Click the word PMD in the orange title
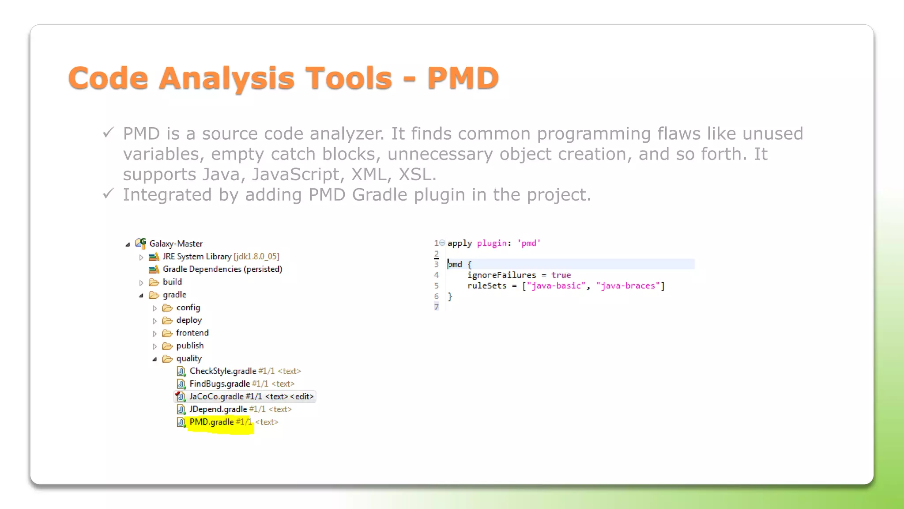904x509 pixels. pos(463,78)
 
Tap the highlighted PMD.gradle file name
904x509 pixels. pos(211,422)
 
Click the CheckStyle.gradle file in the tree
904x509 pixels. pos(223,371)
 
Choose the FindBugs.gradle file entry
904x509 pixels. pos(219,384)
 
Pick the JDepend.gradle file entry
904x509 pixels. pos(218,409)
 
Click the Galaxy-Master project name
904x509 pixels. pos(176,243)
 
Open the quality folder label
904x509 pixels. pos(189,358)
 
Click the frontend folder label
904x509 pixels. pos(192,333)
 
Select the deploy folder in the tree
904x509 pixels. pos(189,320)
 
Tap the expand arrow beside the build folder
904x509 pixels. pos(141,282)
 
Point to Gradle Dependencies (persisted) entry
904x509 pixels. pos(222,269)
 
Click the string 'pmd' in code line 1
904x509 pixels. pos(529,243)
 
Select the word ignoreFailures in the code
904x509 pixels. pos(501,275)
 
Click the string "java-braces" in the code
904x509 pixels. pos(628,285)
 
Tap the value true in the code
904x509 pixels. pos(561,275)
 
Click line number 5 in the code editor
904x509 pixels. pos(436,285)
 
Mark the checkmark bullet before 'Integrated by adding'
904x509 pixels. pos(108,194)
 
